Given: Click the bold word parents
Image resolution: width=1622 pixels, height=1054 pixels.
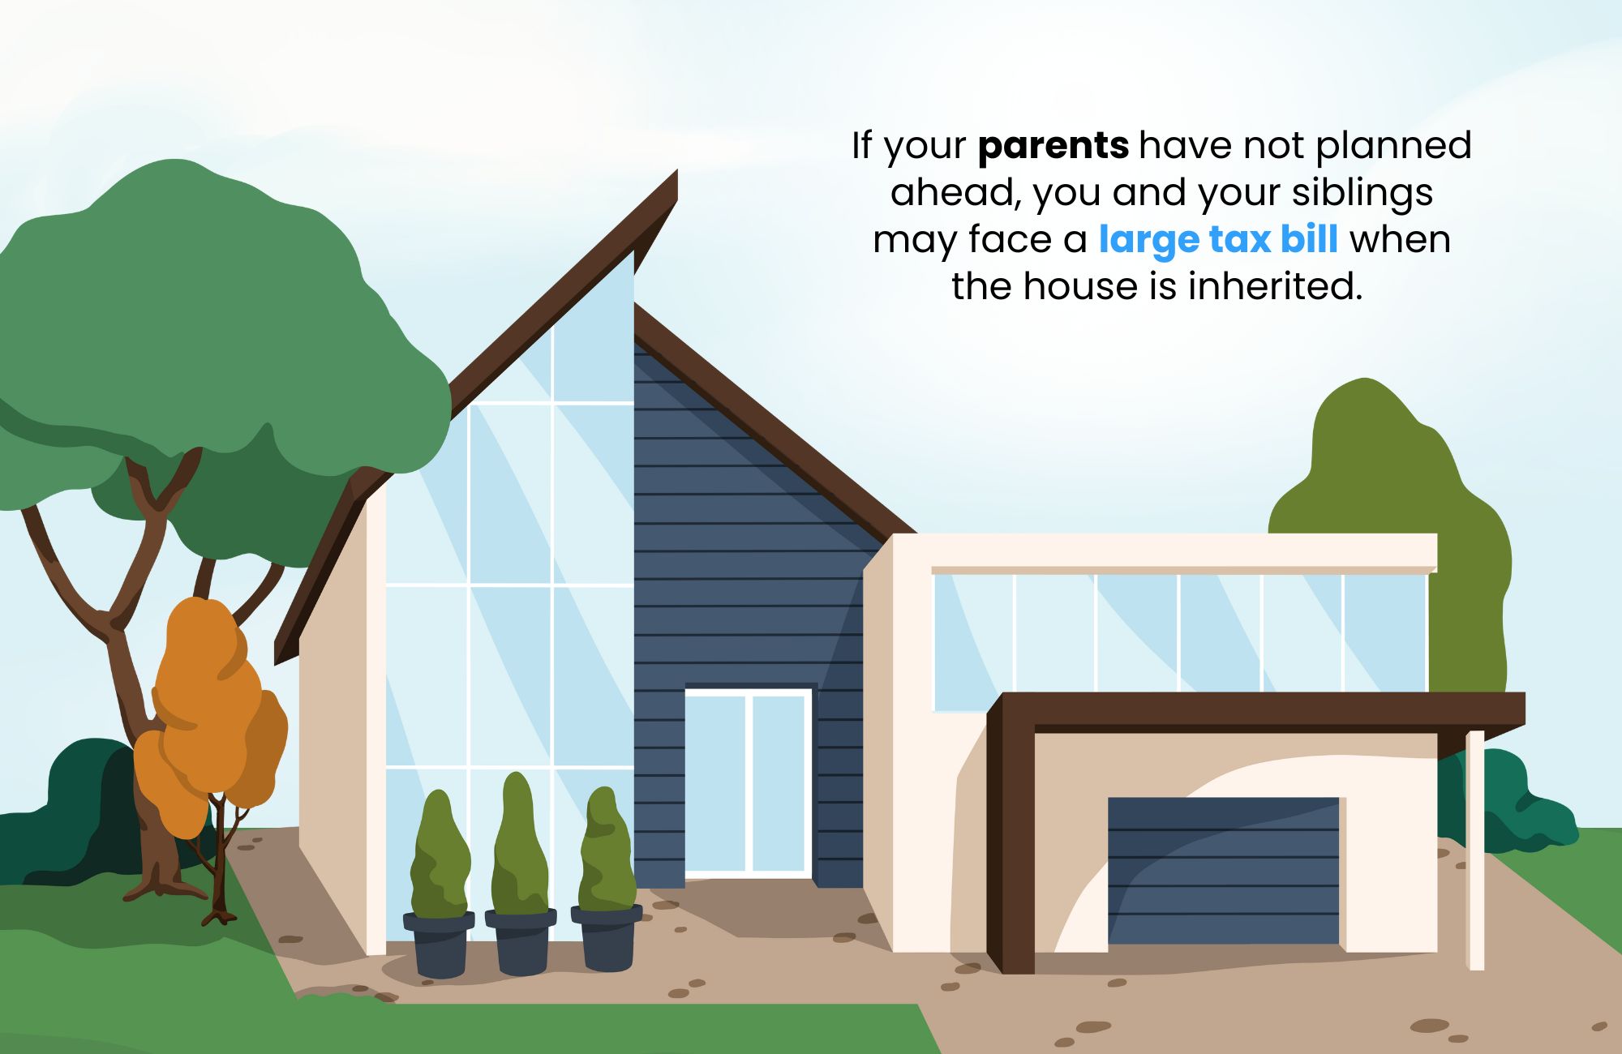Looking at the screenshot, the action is pyautogui.click(x=1053, y=147).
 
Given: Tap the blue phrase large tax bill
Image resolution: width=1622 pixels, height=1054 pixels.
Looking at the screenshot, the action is pyautogui.click(x=1218, y=239).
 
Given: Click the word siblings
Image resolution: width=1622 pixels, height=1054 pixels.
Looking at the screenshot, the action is pyautogui.click(x=1362, y=194).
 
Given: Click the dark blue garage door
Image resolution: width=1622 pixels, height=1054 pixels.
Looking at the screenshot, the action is pyautogui.click(x=1223, y=870).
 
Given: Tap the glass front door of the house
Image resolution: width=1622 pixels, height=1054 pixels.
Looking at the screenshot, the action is pyautogui.click(x=748, y=783).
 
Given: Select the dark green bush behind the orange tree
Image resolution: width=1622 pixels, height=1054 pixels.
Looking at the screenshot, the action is pyautogui.click(x=81, y=811).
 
